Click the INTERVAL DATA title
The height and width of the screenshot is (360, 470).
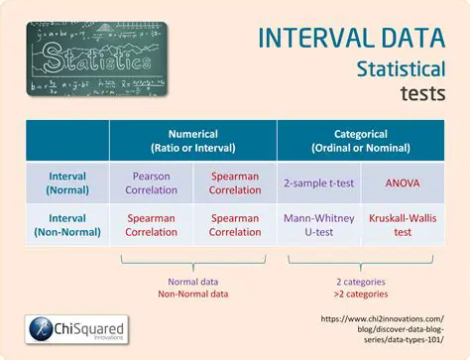(x=351, y=38)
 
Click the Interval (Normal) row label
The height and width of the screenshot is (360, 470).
(x=66, y=182)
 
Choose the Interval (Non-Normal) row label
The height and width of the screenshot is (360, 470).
(x=66, y=224)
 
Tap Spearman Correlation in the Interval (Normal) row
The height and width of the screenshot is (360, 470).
(x=235, y=182)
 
